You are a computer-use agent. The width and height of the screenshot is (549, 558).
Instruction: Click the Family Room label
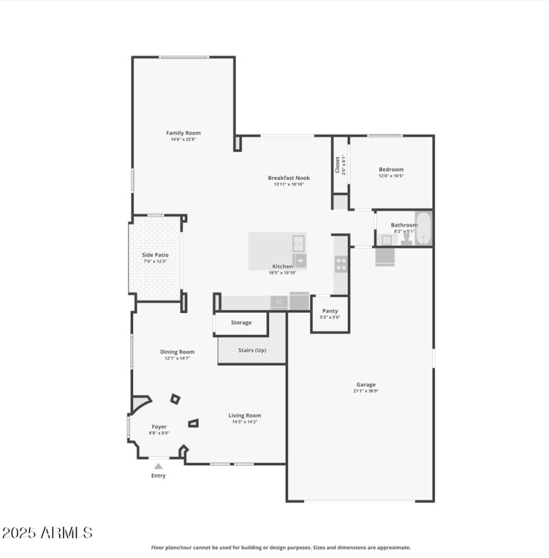coord(183,132)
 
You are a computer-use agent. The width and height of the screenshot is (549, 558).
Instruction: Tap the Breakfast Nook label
coord(289,178)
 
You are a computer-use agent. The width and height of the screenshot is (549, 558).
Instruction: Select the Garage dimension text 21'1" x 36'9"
coord(366,391)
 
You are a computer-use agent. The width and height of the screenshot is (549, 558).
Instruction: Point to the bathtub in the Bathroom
coord(424,229)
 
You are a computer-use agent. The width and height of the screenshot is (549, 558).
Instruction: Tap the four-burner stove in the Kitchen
coord(341,264)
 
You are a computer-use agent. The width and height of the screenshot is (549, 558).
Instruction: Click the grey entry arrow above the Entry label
coord(159,466)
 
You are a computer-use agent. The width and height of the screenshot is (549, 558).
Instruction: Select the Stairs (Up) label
coord(252,350)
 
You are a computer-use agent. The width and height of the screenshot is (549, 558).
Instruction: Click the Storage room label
coord(241,322)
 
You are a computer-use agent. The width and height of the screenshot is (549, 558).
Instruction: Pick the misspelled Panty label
coord(330,311)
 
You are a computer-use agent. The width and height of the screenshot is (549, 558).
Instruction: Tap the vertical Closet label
coord(337,165)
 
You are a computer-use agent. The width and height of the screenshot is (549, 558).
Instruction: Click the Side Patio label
coord(155,255)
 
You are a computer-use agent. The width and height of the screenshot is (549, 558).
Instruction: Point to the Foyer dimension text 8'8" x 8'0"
coord(159,433)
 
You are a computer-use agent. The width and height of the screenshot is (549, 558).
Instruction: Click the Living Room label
coord(245,415)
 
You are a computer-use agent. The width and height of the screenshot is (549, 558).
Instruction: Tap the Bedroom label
coord(391,169)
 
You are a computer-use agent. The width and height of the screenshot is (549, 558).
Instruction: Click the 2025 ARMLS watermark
coord(47,533)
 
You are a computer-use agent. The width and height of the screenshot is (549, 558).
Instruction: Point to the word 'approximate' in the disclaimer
coord(393,548)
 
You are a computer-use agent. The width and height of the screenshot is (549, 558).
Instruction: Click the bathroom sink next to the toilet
coord(386,240)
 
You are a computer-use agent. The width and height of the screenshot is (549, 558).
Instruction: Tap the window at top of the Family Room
coord(184,57)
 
